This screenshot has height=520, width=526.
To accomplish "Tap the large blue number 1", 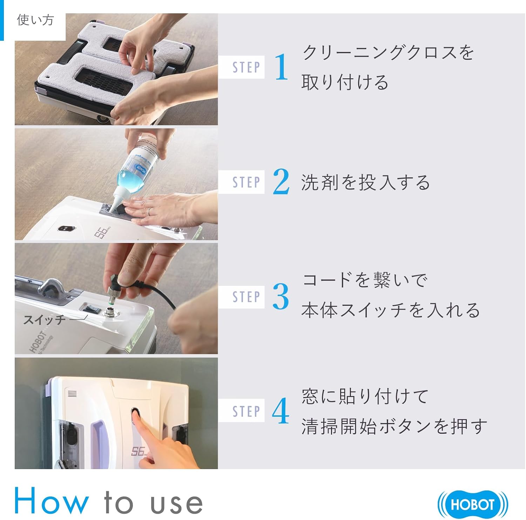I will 281,67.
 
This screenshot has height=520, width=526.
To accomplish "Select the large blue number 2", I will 281,182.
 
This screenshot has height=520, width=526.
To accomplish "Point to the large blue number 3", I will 281,297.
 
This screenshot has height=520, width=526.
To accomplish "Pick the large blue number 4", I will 281,411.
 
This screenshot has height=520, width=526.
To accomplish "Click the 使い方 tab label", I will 35,20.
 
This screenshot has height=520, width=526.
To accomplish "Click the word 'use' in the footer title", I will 176,503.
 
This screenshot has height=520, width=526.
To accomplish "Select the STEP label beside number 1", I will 246,67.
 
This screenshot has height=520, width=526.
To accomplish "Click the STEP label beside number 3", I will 246,297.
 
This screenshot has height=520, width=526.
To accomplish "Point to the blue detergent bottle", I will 140,165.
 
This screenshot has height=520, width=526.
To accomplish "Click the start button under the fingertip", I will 135,414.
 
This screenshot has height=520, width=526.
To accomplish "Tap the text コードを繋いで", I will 365,280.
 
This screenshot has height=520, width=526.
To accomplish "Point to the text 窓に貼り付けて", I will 365,396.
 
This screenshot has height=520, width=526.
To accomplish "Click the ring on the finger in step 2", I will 150,212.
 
